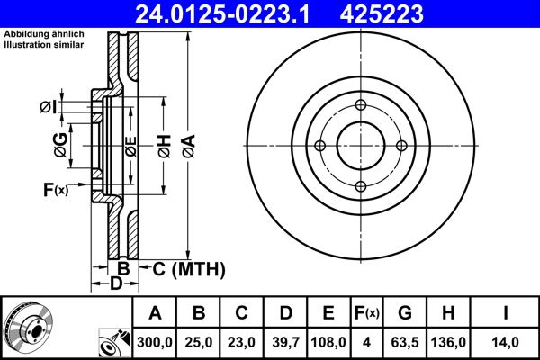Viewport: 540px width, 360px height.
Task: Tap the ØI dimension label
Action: click(47, 108)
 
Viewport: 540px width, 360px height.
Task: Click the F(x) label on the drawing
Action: click(55, 189)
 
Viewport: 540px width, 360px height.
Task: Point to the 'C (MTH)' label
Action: click(187, 269)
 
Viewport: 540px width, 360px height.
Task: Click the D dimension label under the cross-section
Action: click(115, 284)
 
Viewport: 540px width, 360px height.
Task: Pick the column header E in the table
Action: click(328, 313)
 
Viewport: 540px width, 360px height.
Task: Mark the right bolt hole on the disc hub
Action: click(400, 146)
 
